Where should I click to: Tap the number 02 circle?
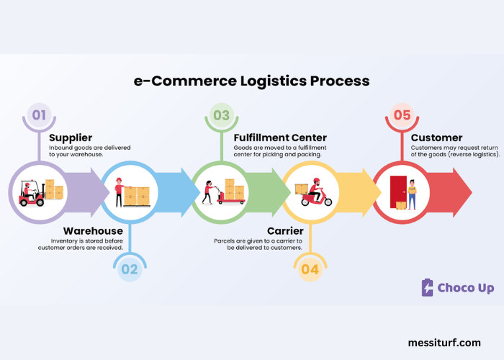coord(129,269)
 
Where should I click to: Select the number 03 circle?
coord(220,115)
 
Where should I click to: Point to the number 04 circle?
coord(310,269)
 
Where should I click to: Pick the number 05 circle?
coord(401,115)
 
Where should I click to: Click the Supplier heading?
coord(71,138)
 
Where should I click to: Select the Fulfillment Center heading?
coord(280,138)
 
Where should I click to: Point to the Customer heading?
coord(436,138)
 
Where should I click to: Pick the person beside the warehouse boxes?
coord(119,192)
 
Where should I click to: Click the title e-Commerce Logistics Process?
coord(252,81)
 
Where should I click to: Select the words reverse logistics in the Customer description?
coord(473,154)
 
